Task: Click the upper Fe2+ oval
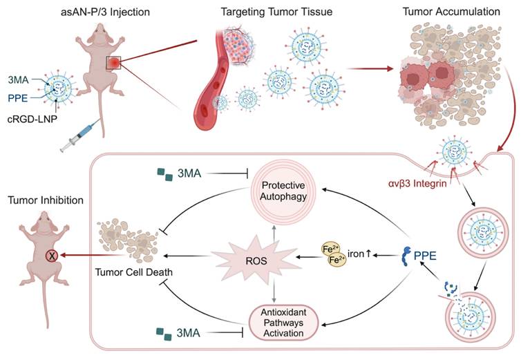(x=330, y=249)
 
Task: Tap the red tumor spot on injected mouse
(x=114, y=64)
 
